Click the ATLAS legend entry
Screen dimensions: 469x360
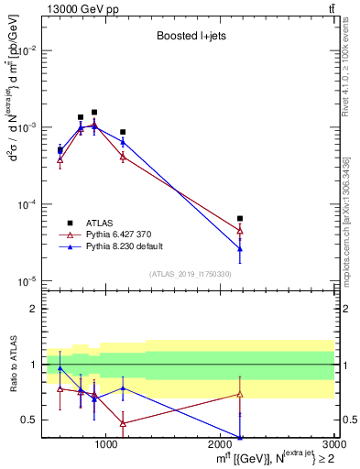96,223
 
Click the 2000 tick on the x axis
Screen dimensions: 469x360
221,446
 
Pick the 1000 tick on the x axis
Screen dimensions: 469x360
106,446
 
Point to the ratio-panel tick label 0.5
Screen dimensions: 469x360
28,420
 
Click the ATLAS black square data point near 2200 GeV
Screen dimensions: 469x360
240,218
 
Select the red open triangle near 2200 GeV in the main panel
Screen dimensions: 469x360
240,231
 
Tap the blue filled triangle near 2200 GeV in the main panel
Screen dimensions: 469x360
240,248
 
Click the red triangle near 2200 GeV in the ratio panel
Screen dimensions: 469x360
240,394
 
